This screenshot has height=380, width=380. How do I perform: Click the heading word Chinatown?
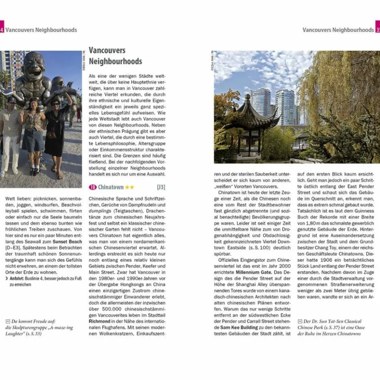coord(111,187)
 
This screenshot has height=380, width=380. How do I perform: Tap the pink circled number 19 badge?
coord(93,187)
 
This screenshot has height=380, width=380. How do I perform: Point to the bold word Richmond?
coord(100,322)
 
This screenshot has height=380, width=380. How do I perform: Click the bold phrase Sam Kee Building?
coord(239,328)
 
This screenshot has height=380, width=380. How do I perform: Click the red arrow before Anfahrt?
coord(7,278)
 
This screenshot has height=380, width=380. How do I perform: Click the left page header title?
coord(41,30)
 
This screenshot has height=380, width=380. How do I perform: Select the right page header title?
coord(338,30)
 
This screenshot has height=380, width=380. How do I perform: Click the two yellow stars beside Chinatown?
coord(130,187)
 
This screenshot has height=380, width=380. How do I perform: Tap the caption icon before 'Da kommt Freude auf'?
coord(8,321)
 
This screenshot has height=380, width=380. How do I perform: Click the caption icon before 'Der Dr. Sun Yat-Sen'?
coord(300,321)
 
